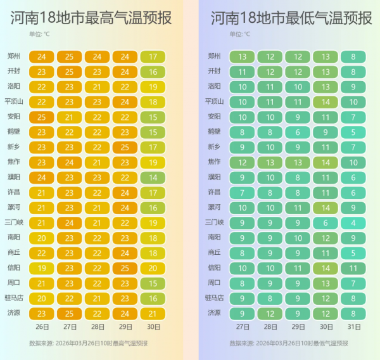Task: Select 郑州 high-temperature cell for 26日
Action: [x=42, y=56]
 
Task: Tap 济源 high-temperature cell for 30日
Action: [x=153, y=312]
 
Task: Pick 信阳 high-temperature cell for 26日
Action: [x=42, y=267]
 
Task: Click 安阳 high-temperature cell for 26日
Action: [x=42, y=117]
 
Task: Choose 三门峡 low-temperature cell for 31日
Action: [x=353, y=222]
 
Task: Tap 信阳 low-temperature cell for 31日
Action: [x=353, y=267]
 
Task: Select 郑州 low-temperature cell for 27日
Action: [x=242, y=56]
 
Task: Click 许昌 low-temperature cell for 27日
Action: [x=242, y=192]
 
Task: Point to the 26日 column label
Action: [x=42, y=327]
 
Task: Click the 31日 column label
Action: [x=353, y=327]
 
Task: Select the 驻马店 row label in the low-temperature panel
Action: [x=213, y=297]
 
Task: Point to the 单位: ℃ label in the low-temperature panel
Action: [x=239, y=34]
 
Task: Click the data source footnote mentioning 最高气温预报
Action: [x=88, y=343]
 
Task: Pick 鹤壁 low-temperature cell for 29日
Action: [x=298, y=132]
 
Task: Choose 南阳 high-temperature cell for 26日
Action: [x=42, y=237]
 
